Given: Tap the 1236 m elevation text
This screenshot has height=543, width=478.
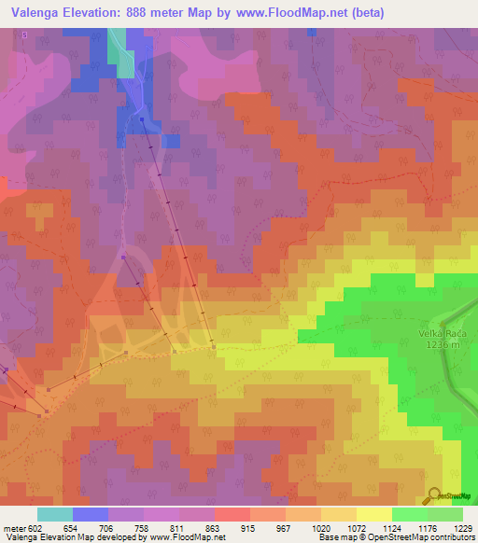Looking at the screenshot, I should tap(443, 345).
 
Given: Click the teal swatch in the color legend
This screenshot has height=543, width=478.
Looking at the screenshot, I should tap(54, 514).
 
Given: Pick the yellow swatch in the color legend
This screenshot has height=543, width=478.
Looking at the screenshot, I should tap(373, 514).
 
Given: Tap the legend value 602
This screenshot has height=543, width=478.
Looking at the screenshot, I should tap(35, 527).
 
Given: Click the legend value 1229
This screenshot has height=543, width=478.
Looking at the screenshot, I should tap(451, 527).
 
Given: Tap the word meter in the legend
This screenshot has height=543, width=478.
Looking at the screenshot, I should tap(13, 527).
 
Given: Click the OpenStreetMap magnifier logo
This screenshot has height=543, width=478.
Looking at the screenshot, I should tap(434, 497).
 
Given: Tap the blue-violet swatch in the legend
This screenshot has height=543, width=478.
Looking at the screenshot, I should tap(90, 514).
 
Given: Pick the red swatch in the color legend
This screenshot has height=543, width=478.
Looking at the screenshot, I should tap(232, 514).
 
